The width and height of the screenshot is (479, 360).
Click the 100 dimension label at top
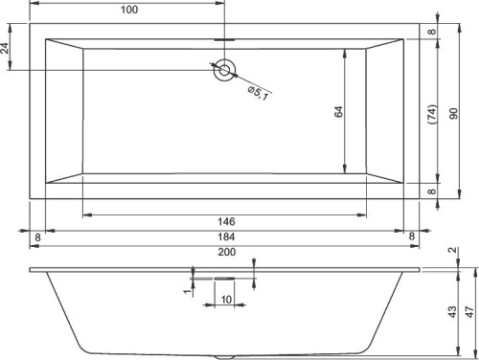coord(129,10)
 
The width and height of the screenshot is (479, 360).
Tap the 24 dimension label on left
coord(5,48)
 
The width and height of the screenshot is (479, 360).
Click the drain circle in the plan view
coord(224,70)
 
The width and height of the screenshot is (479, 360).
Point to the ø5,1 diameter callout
coord(258,93)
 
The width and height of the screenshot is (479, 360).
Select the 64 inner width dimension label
coord(339,112)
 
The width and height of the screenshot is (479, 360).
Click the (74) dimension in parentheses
coord(432,114)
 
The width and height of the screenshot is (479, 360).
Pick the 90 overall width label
coord(453,114)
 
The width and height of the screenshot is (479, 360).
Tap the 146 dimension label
coord(226,221)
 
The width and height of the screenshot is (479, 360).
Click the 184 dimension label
coord(226,236)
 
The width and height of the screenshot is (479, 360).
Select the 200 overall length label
coord(227,252)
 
